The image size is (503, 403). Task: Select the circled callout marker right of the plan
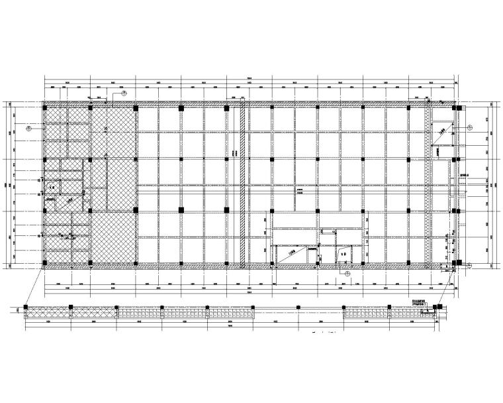(468, 127)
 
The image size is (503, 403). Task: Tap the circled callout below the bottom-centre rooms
(345, 272)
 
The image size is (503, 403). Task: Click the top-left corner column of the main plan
(44, 107)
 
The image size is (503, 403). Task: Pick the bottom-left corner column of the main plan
(44, 265)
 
